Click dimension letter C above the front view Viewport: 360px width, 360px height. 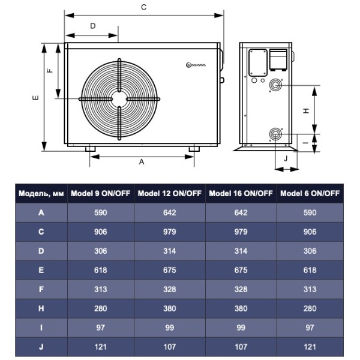pyautogui.click(x=143, y=7)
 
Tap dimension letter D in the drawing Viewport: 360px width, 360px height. pyautogui.click(x=93, y=26)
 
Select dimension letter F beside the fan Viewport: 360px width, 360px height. pyautogui.click(x=50, y=70)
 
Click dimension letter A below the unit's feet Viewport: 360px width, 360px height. pyautogui.click(x=142, y=162)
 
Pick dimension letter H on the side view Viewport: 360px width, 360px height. pyautogui.click(x=305, y=110)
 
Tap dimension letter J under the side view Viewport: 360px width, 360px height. pyautogui.click(x=286, y=158)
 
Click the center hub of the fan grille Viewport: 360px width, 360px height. pyautogui.click(x=120, y=99)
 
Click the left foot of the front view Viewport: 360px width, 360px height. pyautogui.click(x=90, y=148)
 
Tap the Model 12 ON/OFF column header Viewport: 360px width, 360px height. pyautogui.click(x=170, y=194)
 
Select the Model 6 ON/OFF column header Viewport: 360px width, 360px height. pyautogui.click(x=310, y=194)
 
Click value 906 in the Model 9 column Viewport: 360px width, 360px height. pyautogui.click(x=101, y=232)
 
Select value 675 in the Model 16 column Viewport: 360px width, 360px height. pyautogui.click(x=241, y=270)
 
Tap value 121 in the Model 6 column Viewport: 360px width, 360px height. pyautogui.click(x=310, y=347)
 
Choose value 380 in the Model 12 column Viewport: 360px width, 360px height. pyautogui.click(x=170, y=308)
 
